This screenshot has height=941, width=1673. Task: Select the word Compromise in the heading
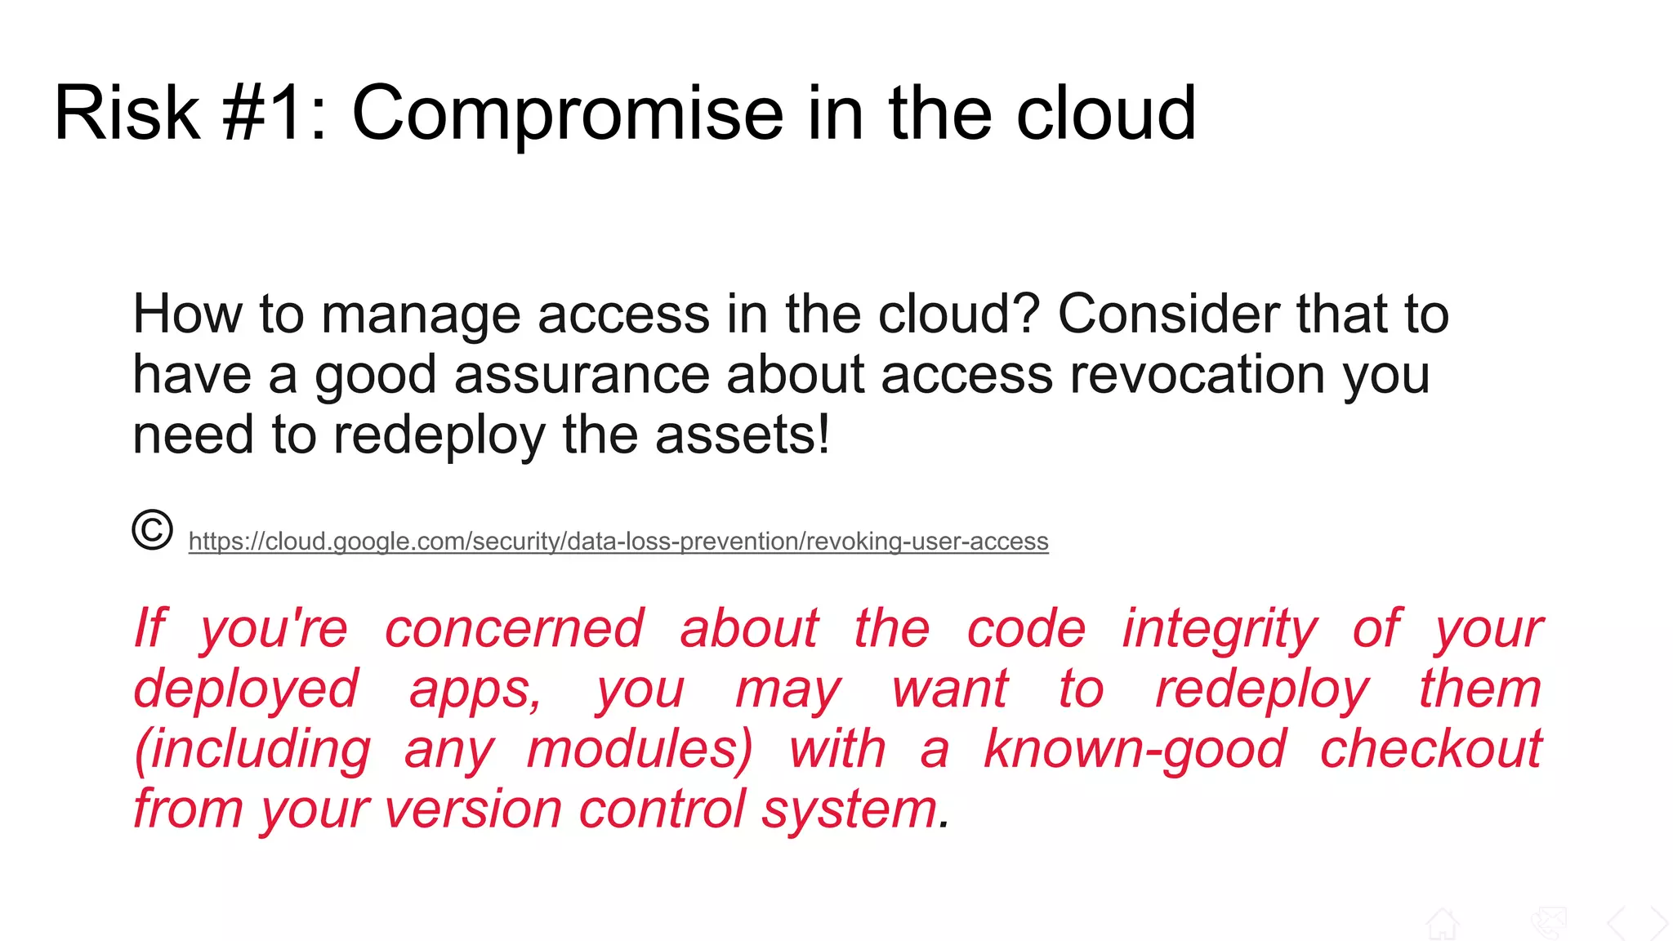click(x=568, y=114)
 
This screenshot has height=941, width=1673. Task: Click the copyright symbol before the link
click(x=152, y=530)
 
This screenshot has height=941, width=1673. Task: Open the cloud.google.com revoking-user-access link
click(x=618, y=542)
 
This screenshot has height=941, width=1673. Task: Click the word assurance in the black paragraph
click(x=581, y=376)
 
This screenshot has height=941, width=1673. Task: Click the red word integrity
click(x=1219, y=630)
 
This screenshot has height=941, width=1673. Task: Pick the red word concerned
click(x=514, y=629)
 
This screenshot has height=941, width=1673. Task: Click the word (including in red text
click(x=252, y=751)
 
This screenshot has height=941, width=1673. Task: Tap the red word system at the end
click(x=849, y=811)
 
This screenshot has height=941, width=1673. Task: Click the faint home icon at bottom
click(x=1442, y=924)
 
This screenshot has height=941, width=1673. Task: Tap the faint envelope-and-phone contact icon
click(x=1548, y=924)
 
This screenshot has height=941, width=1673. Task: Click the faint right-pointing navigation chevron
click(x=1658, y=924)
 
